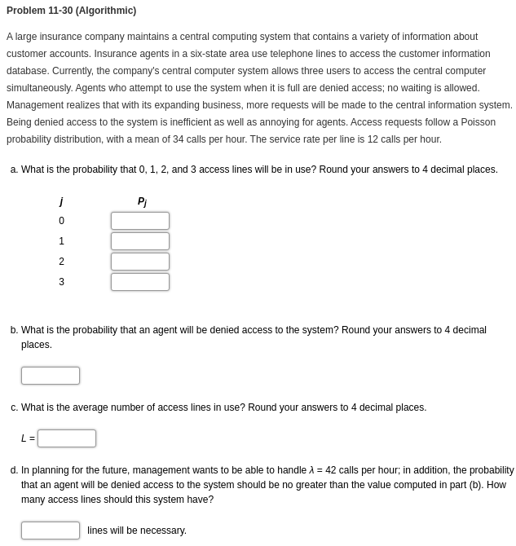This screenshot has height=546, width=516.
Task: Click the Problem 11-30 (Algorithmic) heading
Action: click(x=71, y=11)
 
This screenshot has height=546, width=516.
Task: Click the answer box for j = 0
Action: click(x=140, y=221)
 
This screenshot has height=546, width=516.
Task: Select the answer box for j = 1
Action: click(x=140, y=241)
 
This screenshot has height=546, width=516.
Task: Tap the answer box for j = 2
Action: click(x=140, y=262)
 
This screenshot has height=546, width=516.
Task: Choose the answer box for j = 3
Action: click(x=140, y=282)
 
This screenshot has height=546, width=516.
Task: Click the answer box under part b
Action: click(x=51, y=376)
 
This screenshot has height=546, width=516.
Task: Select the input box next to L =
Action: click(x=67, y=438)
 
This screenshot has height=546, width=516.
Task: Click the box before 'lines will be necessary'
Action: click(x=51, y=531)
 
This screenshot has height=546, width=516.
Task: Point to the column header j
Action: click(x=61, y=201)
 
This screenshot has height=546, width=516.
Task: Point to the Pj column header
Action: click(x=142, y=202)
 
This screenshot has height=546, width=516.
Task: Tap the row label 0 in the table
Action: click(x=61, y=221)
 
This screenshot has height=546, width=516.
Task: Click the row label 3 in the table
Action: click(x=61, y=282)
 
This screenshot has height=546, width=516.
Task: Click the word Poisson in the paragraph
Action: click(x=477, y=122)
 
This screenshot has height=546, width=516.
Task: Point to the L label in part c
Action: click(x=24, y=438)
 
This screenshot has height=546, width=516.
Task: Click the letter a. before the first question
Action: click(x=14, y=170)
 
